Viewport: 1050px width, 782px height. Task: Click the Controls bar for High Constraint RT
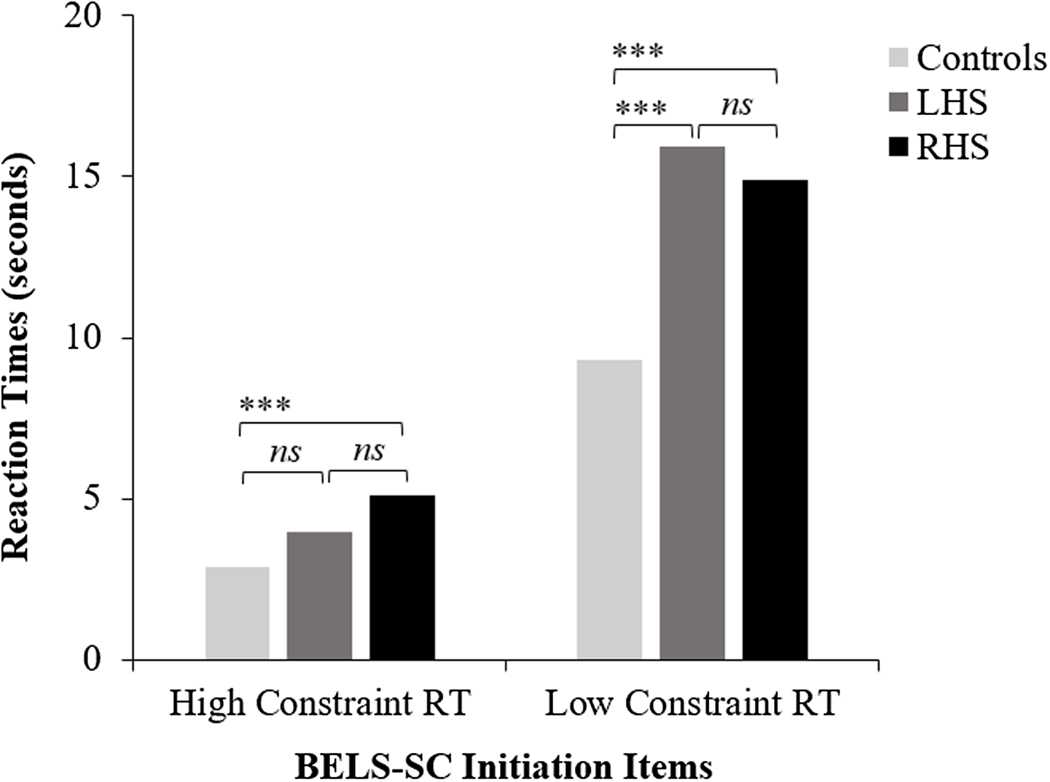click(x=237, y=613)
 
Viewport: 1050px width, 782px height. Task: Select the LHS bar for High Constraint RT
click(x=319, y=595)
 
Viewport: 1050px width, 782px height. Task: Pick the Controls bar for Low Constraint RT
click(x=609, y=510)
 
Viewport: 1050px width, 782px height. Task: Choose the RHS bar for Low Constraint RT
click(x=775, y=419)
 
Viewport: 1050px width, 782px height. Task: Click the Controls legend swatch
click(x=898, y=58)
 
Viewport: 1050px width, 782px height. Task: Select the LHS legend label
click(x=952, y=102)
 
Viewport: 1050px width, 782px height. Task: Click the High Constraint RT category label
click(x=320, y=703)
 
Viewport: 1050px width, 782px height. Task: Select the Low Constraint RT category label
click(x=692, y=703)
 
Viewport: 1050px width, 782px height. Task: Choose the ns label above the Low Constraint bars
click(x=736, y=106)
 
